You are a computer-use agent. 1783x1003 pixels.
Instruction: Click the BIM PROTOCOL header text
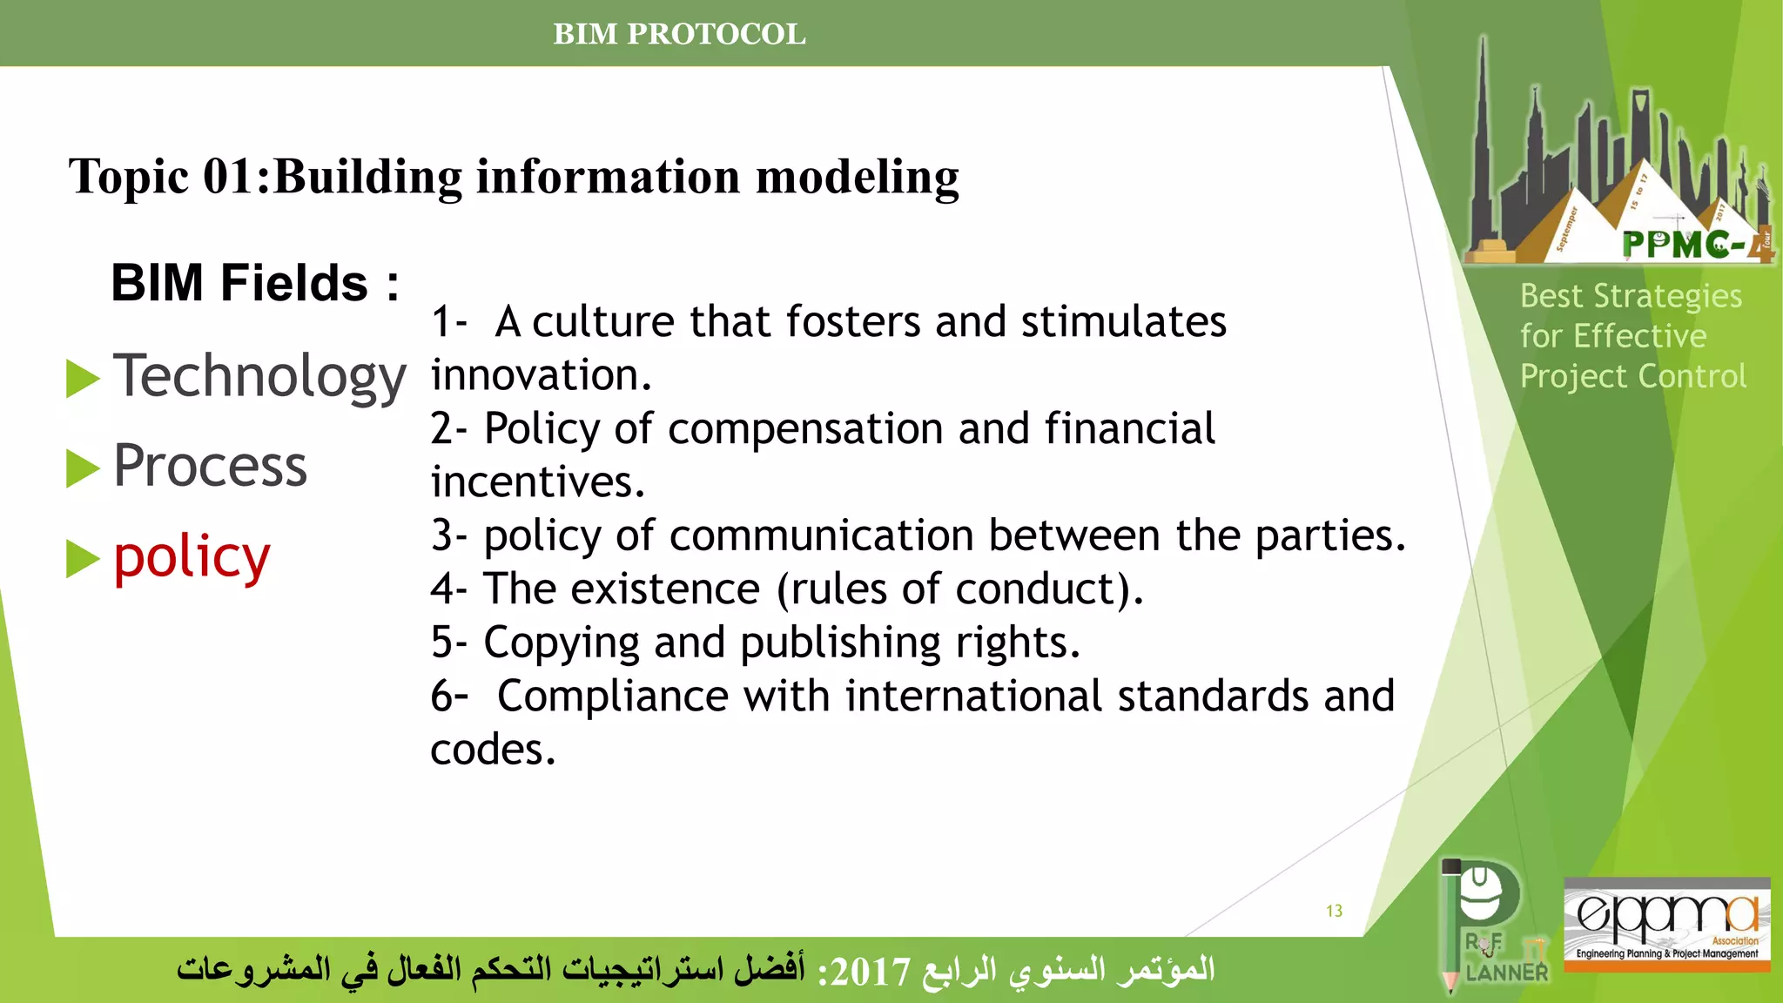tap(679, 34)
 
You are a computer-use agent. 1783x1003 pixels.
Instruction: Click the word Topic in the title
tap(129, 177)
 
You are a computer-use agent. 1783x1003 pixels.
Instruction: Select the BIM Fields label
tap(254, 283)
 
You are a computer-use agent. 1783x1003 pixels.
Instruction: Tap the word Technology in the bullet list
tap(259, 377)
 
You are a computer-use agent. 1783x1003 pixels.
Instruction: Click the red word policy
tap(192, 557)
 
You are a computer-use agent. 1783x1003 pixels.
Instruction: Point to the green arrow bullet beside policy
tap(84, 559)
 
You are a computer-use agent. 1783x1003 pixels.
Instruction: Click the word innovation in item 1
tap(540, 375)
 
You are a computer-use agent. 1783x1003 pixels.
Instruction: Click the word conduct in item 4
tap(1036, 589)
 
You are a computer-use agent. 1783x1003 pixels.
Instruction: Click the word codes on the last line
tap(492, 750)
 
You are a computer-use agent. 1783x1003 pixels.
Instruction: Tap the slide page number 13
tap(1334, 911)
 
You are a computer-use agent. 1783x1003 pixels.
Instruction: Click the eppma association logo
tap(1666, 923)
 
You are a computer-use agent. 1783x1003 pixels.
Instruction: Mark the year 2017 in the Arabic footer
tap(870, 972)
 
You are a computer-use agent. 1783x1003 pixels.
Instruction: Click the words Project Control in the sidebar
tap(1632, 376)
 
